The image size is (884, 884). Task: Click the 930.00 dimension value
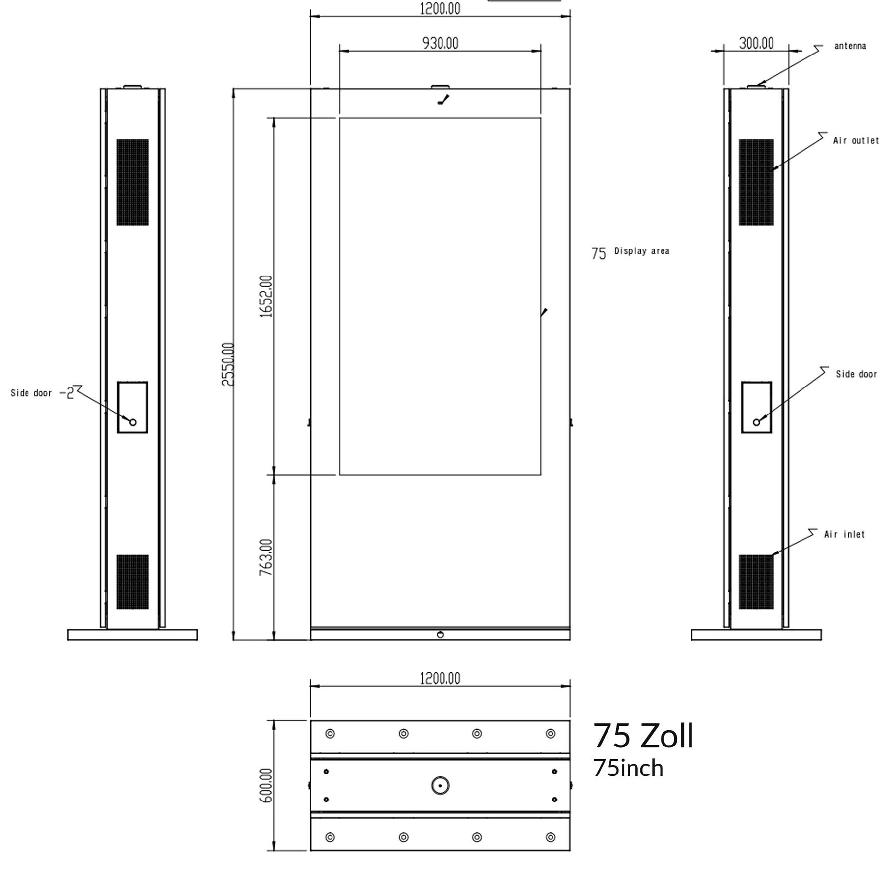point(440,43)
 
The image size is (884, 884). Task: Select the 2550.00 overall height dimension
point(228,364)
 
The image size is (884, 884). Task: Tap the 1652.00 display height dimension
point(266,296)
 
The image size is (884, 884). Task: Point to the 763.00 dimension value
point(266,557)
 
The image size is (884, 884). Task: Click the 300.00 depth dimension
point(756,43)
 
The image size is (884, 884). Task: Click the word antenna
point(850,46)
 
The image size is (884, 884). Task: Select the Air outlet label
point(856,140)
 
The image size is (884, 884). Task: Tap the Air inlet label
point(844,534)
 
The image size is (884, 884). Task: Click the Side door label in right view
point(856,374)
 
